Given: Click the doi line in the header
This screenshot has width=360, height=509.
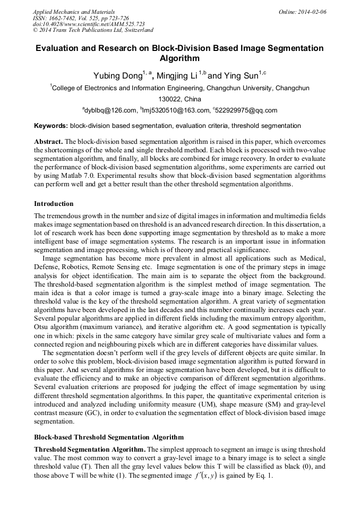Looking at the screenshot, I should pos(89,24).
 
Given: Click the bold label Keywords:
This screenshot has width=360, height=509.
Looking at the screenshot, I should pos(51,126).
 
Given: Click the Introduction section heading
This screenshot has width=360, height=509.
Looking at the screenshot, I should pos(54,204).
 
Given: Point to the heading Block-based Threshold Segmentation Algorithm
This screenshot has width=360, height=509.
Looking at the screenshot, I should pos(109,437).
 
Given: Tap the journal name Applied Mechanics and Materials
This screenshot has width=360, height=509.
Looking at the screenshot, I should pos(73,11).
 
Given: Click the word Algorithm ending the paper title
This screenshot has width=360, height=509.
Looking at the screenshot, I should pos(179,58).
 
